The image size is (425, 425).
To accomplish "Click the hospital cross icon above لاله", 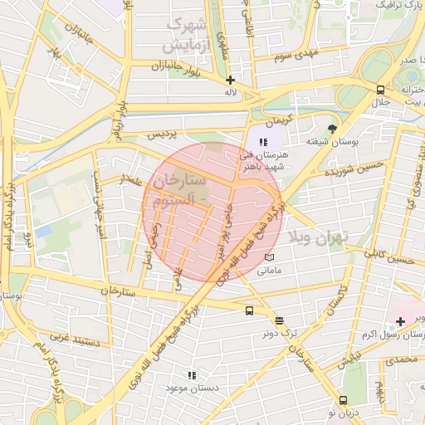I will pyautogui.click(x=230, y=80).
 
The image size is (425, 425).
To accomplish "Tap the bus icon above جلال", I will pyautogui.click(x=380, y=90).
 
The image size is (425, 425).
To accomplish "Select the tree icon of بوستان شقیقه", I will pyautogui.click(x=333, y=129).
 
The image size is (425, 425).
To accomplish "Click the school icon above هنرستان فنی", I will pyautogui.click(x=264, y=142).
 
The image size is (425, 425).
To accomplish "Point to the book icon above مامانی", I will pyautogui.click(x=268, y=258).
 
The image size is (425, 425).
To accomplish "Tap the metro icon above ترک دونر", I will pyautogui.click(x=279, y=320).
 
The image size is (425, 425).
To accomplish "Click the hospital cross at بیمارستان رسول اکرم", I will pyautogui.click(x=400, y=320).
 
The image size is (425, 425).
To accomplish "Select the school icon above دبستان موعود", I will pyautogui.click(x=192, y=375).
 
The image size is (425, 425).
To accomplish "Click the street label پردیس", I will pyautogui.click(x=162, y=134).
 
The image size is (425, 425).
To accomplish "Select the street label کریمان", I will pyautogui.click(x=279, y=119).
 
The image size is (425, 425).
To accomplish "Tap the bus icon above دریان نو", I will pyautogui.click(x=344, y=399).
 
